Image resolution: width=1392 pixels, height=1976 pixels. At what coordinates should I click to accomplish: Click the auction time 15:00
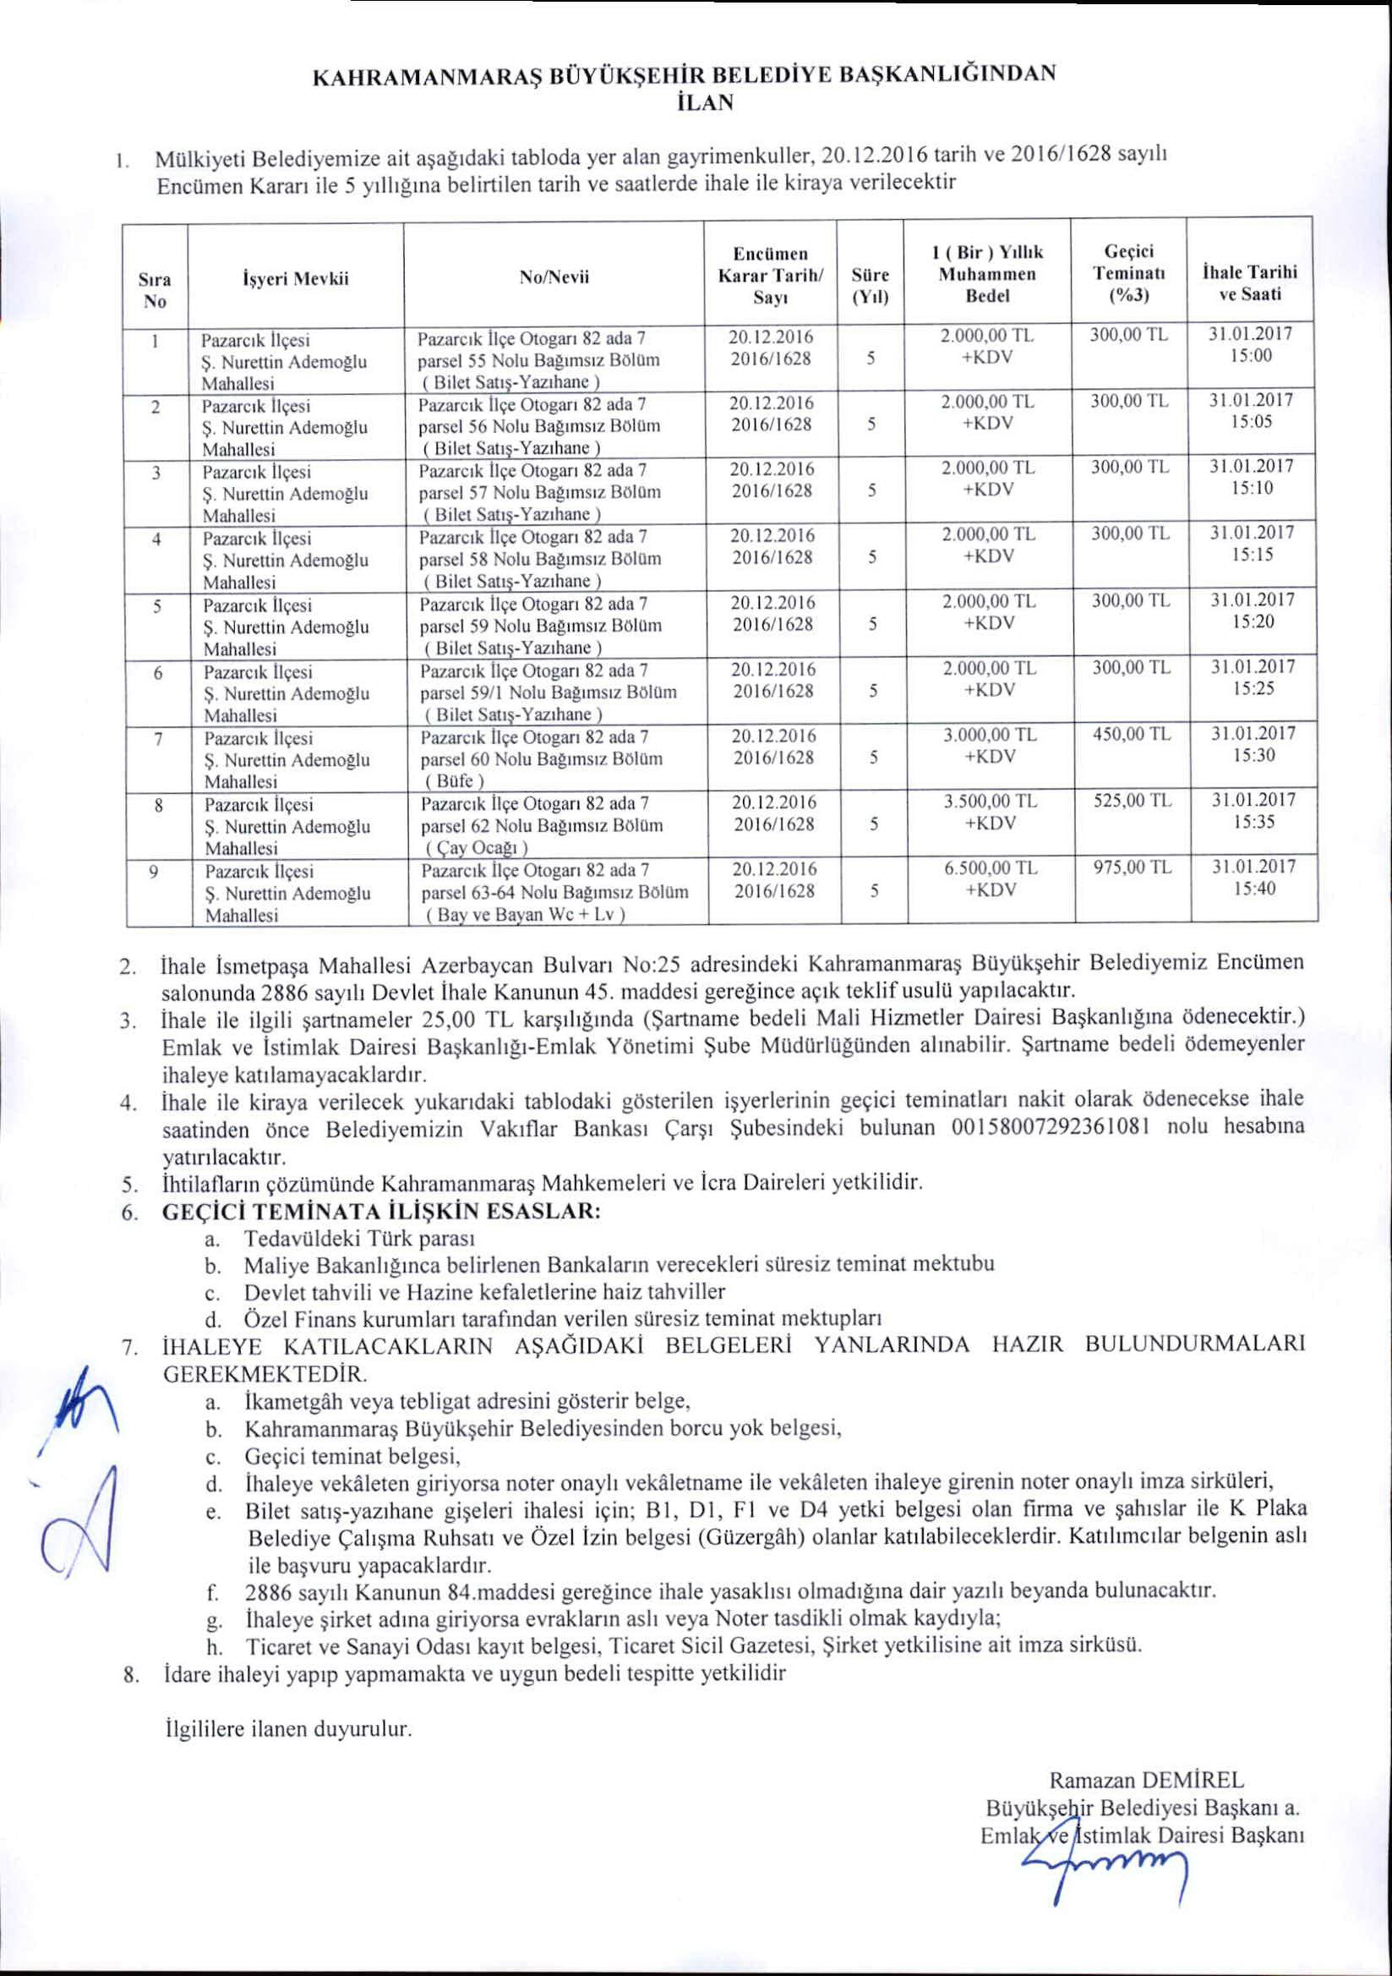tap(1251, 355)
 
